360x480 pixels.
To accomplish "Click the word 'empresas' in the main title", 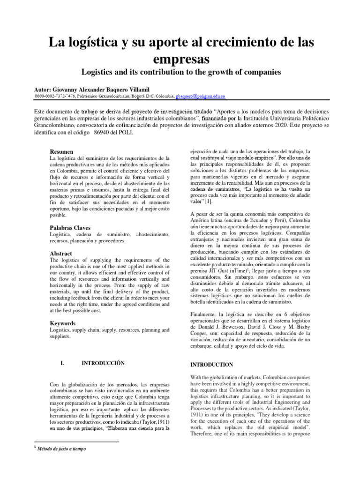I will pyautogui.click(x=180, y=60).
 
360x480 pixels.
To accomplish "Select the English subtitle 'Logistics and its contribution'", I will pyautogui.click(x=136, y=73).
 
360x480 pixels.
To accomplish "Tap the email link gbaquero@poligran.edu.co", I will pyautogui.click(x=200, y=96).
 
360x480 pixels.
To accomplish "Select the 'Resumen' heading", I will pyautogui.click(x=61, y=152).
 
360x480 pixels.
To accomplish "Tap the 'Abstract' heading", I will pyautogui.click(x=61, y=253).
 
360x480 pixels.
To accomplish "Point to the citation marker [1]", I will pyautogui.click(x=208, y=201).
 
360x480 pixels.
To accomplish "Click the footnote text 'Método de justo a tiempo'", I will pyautogui.click(x=59, y=449).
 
